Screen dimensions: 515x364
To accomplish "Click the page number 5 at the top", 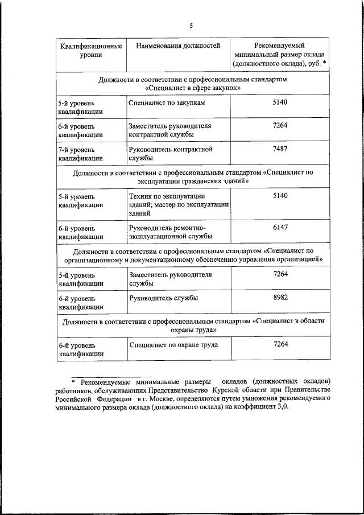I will click(x=192, y=26).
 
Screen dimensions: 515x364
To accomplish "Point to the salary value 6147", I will click(x=280, y=227).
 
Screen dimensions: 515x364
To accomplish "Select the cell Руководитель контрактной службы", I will click(x=171, y=154).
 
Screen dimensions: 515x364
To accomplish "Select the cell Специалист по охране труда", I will click(x=173, y=344).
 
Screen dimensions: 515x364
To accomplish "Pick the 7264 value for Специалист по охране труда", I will click(x=280, y=344).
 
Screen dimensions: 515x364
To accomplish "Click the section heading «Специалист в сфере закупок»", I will click(x=193, y=88).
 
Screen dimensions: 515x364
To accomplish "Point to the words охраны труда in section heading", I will click(x=193, y=329).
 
